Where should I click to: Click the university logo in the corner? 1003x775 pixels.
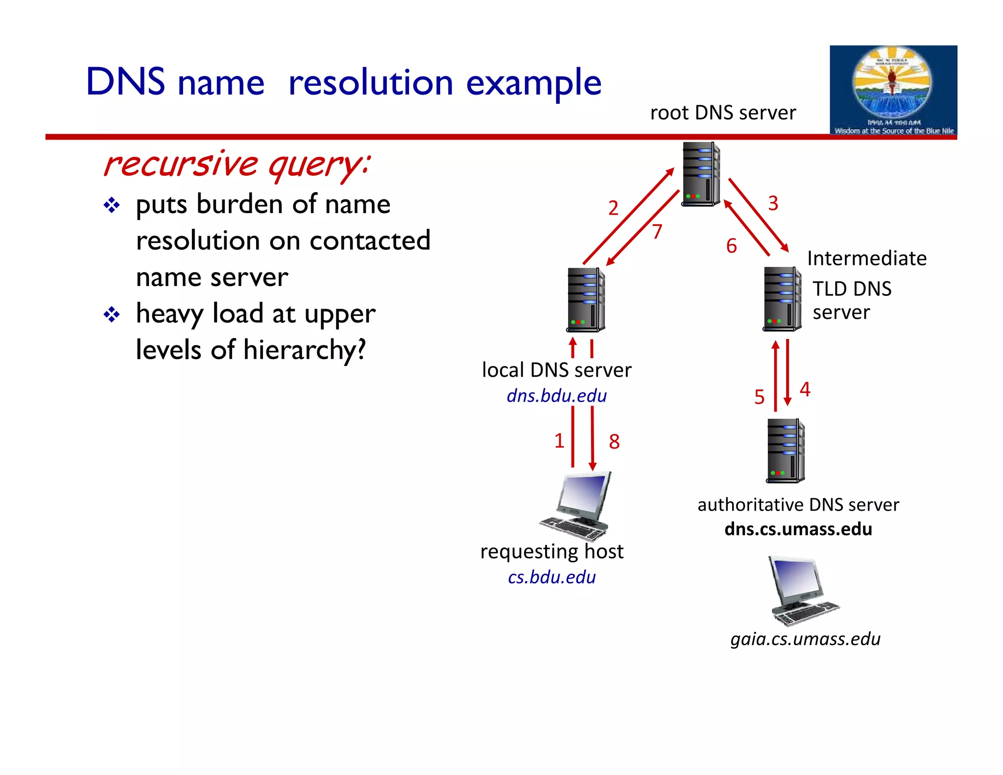point(893,90)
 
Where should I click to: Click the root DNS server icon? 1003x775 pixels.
point(701,174)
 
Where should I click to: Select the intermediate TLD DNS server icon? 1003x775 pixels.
point(782,299)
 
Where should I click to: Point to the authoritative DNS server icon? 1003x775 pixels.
point(786,451)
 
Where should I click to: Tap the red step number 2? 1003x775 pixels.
point(613,208)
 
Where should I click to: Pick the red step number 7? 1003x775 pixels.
point(657,231)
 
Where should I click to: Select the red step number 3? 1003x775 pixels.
point(773,203)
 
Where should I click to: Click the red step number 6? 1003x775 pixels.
point(731,246)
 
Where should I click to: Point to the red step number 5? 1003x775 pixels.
point(759,397)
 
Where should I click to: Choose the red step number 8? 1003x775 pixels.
point(614,441)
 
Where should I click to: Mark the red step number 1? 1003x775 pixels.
point(559,441)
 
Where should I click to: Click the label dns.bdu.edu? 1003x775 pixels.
point(556,396)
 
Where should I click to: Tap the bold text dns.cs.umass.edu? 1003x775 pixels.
point(798,529)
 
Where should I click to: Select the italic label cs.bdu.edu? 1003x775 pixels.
point(551,577)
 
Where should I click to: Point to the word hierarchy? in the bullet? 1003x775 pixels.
point(304,350)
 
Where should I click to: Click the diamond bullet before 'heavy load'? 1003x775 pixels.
point(112,315)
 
